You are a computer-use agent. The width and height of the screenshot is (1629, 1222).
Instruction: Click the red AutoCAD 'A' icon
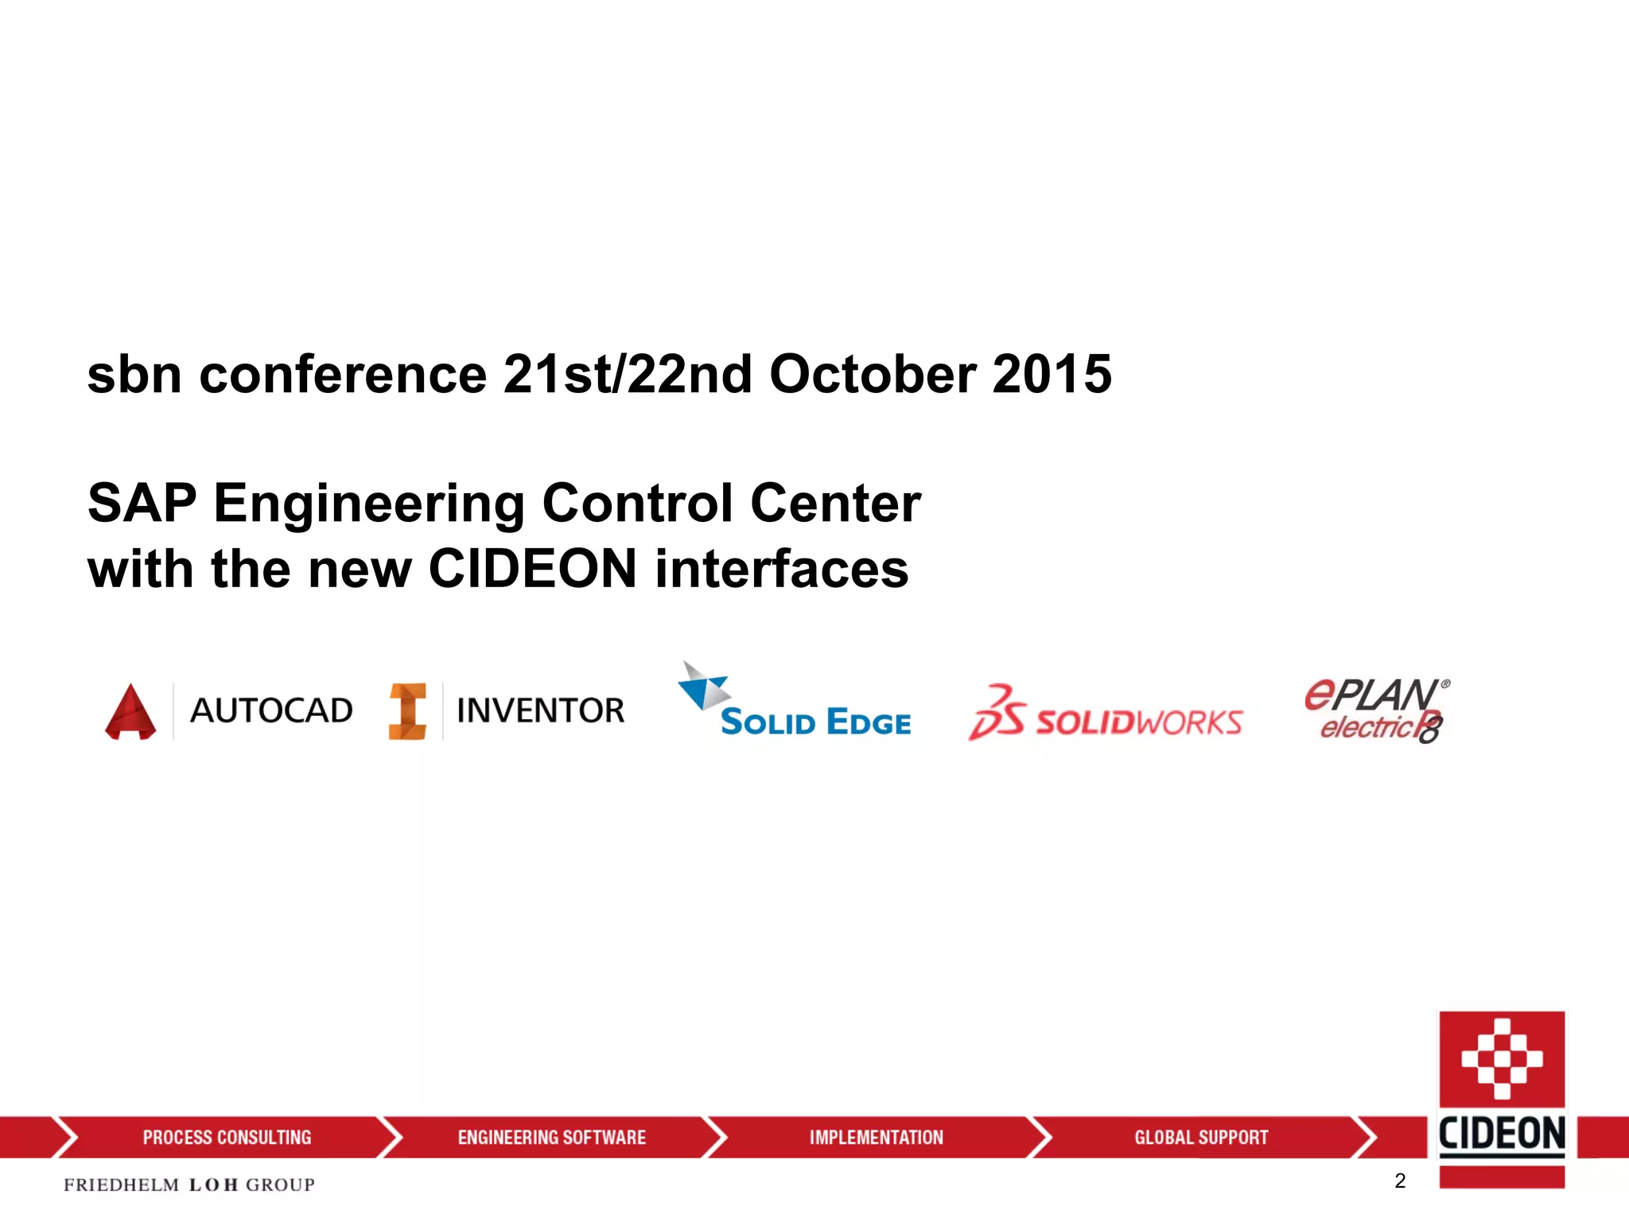[x=130, y=712]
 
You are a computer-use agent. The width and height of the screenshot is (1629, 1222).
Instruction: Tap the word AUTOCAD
[x=271, y=710]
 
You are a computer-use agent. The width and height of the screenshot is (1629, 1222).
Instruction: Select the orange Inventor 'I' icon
[x=407, y=711]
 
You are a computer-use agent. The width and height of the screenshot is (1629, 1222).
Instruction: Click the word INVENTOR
[x=541, y=710]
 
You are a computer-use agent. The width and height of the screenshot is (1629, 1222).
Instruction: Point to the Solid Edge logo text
[x=815, y=722]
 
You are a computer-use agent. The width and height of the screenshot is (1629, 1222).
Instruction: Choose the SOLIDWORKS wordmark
[x=1139, y=722]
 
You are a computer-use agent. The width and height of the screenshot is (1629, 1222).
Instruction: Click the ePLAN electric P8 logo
[x=1377, y=710]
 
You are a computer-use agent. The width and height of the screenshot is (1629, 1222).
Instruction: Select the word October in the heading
[x=872, y=374]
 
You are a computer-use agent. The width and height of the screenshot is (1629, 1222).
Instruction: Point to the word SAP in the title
[x=142, y=504]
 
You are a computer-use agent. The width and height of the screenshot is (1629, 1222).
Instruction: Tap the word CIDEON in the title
[x=532, y=570]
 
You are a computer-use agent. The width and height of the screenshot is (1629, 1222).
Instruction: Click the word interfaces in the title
[x=782, y=570]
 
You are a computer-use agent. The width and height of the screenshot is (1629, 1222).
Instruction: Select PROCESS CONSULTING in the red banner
[x=227, y=1138]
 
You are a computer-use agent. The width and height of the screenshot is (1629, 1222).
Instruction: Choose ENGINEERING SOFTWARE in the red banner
[x=552, y=1138]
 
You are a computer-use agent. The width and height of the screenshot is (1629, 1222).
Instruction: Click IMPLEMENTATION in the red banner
[x=877, y=1138]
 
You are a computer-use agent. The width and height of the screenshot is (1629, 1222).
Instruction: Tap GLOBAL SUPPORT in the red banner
[x=1201, y=1138]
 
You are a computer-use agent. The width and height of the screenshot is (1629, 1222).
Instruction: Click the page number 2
[x=1400, y=1181]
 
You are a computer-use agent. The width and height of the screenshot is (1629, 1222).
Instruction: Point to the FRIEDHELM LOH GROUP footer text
[x=189, y=1185]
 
